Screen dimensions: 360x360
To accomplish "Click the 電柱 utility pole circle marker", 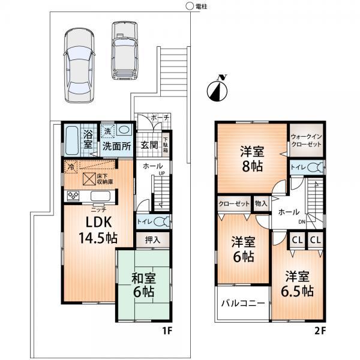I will click(x=189, y=7).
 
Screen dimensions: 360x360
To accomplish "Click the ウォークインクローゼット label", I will click(x=307, y=141).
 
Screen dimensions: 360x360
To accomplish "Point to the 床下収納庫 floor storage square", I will click(x=88, y=178).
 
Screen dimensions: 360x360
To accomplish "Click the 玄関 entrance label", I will click(x=149, y=145).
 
